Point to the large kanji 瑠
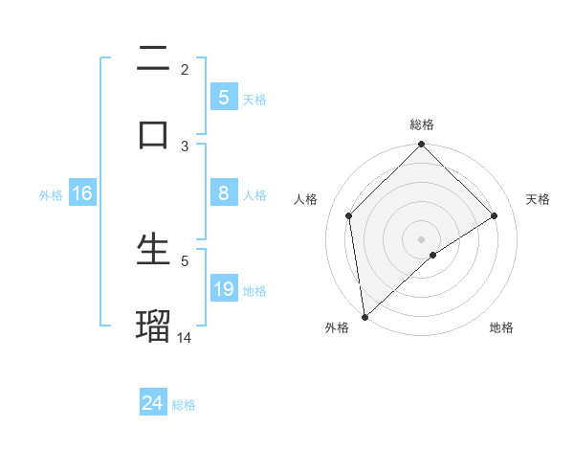coord(153,325)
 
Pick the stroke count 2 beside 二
coord(185,69)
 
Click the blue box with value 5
coord(223,97)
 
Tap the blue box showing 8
coord(223,193)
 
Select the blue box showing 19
coord(223,288)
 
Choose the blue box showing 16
coord(82,193)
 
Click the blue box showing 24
coord(152,403)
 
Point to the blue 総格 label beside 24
coord(184,405)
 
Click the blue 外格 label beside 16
coord(51,195)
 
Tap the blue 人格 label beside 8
coord(254,195)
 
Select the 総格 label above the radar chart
coord(422,124)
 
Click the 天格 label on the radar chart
coord(539,199)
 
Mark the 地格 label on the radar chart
coord(501,327)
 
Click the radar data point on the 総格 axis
coord(422,145)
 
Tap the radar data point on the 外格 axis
coord(364,317)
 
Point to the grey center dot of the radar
coord(422,238)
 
